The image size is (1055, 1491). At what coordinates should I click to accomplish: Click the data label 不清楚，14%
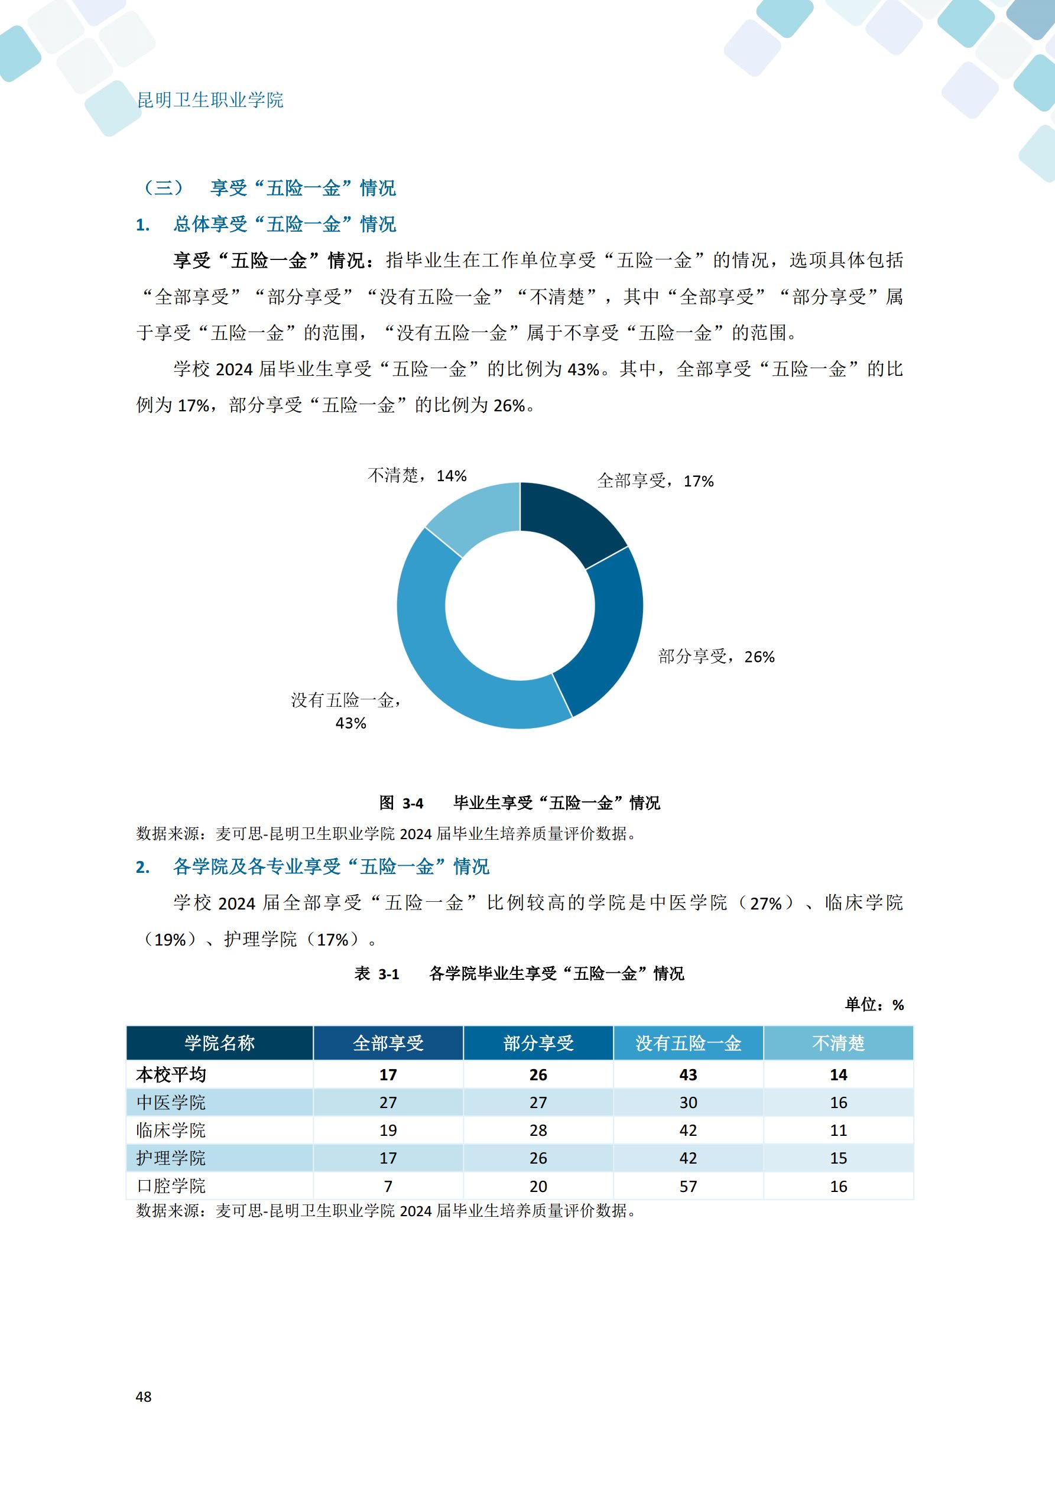point(417,476)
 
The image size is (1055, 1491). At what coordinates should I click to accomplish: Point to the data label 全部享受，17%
point(655,481)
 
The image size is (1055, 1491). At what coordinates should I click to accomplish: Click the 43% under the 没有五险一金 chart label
point(351,723)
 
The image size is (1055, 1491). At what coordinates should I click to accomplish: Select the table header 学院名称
point(220,1044)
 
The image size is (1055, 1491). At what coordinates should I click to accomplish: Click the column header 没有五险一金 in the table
point(688,1044)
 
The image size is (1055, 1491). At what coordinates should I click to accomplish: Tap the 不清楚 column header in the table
point(838,1044)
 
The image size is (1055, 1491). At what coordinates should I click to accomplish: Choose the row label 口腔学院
point(171,1187)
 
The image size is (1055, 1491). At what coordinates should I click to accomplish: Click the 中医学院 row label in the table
point(171,1103)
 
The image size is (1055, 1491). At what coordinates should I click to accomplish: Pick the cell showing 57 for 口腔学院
point(688,1187)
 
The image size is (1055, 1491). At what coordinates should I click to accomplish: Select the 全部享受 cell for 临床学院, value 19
point(388,1131)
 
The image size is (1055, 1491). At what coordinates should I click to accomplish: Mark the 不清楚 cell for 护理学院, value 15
point(838,1158)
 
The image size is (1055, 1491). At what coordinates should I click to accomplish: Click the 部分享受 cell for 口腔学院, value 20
point(538,1187)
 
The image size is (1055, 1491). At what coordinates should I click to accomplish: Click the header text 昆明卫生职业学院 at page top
point(210,100)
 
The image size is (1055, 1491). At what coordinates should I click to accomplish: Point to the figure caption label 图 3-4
point(401,803)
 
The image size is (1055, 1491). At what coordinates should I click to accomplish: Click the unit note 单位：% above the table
point(874,1005)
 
